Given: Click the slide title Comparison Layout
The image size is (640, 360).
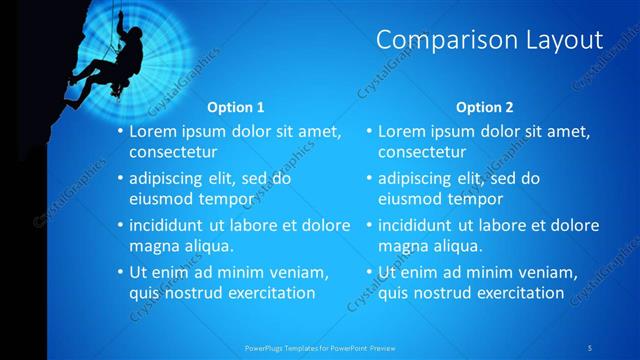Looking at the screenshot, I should [x=489, y=40].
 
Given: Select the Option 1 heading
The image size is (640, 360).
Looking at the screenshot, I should [x=236, y=107].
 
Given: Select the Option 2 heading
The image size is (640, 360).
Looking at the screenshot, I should [x=485, y=107].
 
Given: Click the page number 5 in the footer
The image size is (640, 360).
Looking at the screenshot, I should [x=591, y=347].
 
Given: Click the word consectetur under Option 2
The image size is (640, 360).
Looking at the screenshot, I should [x=422, y=153].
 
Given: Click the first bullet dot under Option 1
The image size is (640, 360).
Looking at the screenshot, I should [x=120, y=132].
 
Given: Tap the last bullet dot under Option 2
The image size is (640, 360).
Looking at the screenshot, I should [x=369, y=272].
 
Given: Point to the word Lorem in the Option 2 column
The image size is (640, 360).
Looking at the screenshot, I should [x=401, y=131].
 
